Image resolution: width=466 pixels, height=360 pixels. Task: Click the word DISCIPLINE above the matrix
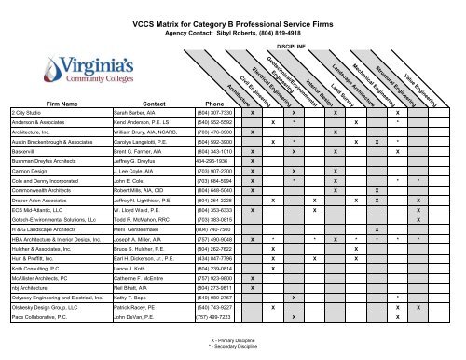coord(292,44)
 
